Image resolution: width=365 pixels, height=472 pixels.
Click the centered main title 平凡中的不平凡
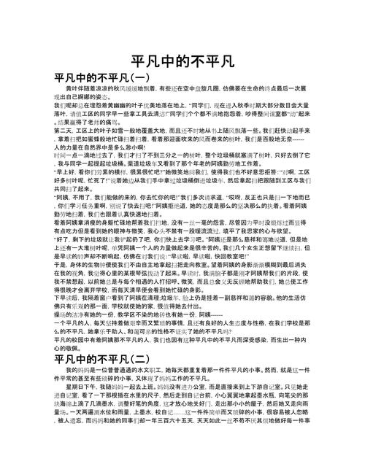[182, 61]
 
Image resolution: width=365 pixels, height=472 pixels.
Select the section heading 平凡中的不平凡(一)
[101, 78]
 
